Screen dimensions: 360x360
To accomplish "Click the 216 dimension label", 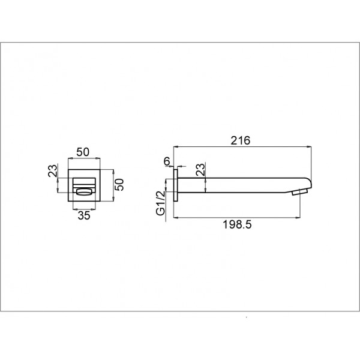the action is coord(240,140).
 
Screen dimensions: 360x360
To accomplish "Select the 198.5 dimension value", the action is coord(237,224).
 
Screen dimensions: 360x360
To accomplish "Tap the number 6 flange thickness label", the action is coord(167,161).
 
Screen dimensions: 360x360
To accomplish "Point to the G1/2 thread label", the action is coord(160,203).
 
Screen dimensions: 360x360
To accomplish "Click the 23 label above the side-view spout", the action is coord(200,169).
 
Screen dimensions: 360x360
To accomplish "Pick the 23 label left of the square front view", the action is coord(53,170).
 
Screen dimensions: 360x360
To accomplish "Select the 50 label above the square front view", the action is coord(83,152).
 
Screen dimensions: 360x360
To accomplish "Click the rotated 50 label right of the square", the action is coord(119,185).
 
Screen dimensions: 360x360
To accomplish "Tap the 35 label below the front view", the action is coord(84,215).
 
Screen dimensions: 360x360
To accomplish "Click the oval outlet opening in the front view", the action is coord(84,192).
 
